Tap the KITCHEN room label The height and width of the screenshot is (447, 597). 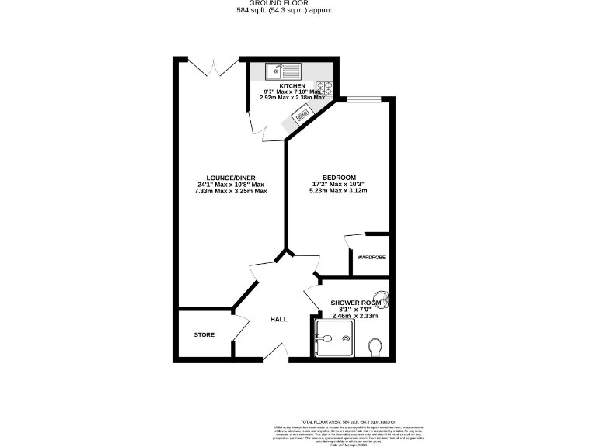[292, 85]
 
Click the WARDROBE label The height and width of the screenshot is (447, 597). [371, 257]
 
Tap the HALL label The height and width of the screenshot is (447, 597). [278, 319]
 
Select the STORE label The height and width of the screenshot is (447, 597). [204, 334]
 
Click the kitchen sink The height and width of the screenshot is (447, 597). [277, 72]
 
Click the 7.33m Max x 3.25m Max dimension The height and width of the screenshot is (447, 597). [232, 191]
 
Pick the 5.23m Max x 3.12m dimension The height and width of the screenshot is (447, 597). [338, 191]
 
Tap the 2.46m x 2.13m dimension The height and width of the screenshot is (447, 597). [354, 317]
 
